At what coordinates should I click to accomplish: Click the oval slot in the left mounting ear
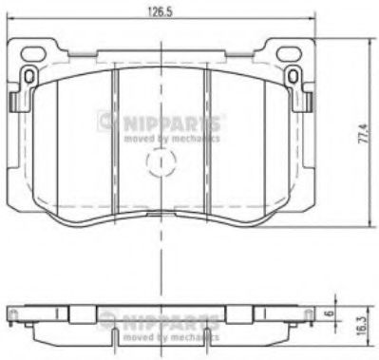click(30, 74)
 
